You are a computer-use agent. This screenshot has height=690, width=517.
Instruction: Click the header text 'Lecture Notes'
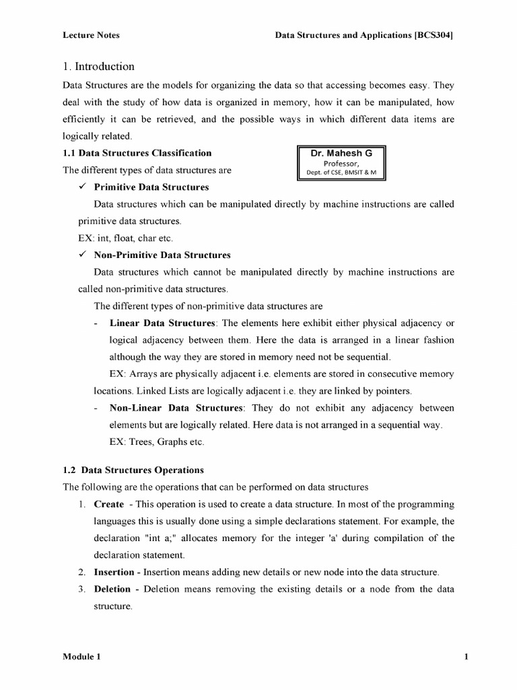[x=91, y=35]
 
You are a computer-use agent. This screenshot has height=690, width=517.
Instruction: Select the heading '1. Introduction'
[x=98, y=67]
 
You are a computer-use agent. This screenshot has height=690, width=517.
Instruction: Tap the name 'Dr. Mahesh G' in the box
[x=341, y=153]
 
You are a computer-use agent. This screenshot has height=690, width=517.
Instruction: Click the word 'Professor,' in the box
[x=341, y=162]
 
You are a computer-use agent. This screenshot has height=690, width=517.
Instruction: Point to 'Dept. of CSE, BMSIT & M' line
[x=341, y=172]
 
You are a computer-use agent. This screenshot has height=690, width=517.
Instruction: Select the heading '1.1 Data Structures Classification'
[x=137, y=153]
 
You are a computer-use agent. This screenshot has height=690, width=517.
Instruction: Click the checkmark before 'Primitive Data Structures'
[x=83, y=187]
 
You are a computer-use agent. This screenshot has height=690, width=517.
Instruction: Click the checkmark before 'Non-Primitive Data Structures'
[x=83, y=255]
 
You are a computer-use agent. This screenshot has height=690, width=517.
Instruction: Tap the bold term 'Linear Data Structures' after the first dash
[x=162, y=323]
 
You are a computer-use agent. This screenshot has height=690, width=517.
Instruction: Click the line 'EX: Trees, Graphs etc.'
[x=156, y=442]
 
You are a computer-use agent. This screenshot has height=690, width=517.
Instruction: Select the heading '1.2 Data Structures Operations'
[x=133, y=470]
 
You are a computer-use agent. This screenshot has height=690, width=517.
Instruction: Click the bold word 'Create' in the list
[x=108, y=504]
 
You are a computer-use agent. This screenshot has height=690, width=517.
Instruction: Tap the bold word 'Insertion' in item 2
[x=114, y=572]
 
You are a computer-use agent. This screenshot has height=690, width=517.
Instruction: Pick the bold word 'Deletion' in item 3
[x=112, y=589]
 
